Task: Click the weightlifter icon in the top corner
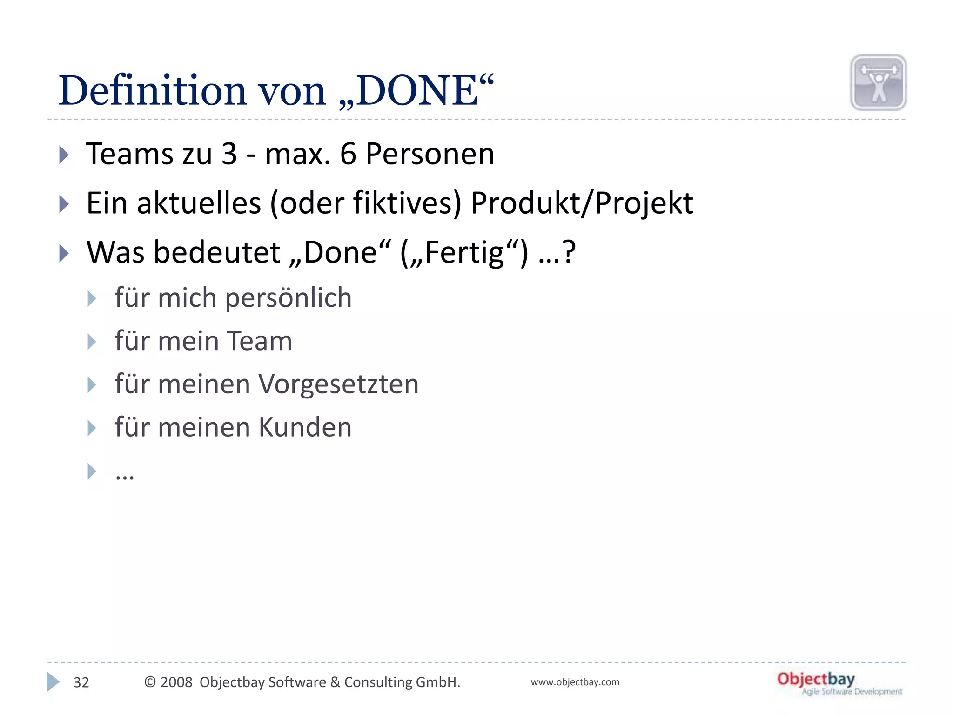pyautogui.click(x=878, y=83)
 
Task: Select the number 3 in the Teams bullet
pyautogui.click(x=229, y=154)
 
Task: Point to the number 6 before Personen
pyautogui.click(x=348, y=154)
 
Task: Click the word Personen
pyautogui.click(x=430, y=154)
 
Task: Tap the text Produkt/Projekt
pyautogui.click(x=582, y=203)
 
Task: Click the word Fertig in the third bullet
pyautogui.click(x=464, y=253)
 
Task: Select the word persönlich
pyautogui.click(x=288, y=298)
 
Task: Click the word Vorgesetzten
pyautogui.click(x=338, y=384)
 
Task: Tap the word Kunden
pyautogui.click(x=305, y=427)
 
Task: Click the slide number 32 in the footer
pyautogui.click(x=81, y=682)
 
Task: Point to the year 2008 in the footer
pyautogui.click(x=176, y=682)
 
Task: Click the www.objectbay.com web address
pyautogui.click(x=575, y=682)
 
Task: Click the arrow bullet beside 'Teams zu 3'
pyautogui.click(x=64, y=155)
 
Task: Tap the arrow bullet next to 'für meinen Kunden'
pyautogui.click(x=92, y=428)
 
